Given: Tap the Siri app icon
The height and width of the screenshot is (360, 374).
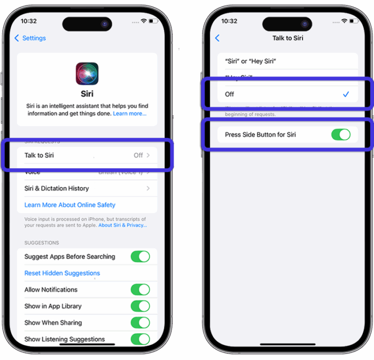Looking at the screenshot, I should pos(87,74).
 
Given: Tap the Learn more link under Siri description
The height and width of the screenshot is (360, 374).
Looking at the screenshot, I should pos(129,114).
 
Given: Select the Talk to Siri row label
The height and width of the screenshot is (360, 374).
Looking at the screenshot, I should pos(39,155).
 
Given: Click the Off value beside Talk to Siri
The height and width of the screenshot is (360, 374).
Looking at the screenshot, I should pos(138,155).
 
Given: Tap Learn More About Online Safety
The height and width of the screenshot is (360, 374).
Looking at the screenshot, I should pos(70,205).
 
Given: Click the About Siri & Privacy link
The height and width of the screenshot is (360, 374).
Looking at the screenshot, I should pos(122,225).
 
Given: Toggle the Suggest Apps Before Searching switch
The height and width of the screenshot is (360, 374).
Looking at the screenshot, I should pos(141,257).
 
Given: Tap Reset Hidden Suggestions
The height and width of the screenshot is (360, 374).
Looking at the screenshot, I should pos(62,273).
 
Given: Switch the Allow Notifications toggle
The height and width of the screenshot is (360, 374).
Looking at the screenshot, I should pos(141,290).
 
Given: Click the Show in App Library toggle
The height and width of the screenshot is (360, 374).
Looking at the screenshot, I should pos(141,307).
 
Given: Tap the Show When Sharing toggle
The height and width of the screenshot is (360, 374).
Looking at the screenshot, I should pos(141,323).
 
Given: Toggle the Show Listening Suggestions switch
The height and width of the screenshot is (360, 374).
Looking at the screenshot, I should pos(141,339).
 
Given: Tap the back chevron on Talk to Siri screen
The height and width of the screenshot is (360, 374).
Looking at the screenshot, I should pos(217,38).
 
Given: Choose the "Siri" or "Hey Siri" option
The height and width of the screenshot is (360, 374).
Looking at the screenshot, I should pos(250,61).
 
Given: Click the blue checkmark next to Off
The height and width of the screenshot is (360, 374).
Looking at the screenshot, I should pos(346,95).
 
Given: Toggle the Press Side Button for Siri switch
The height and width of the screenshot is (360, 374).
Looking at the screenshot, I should pos(340,135).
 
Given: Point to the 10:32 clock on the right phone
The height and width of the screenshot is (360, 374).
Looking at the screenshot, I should pos(229,21).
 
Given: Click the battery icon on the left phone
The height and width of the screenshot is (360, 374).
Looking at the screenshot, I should pos(154,21).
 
